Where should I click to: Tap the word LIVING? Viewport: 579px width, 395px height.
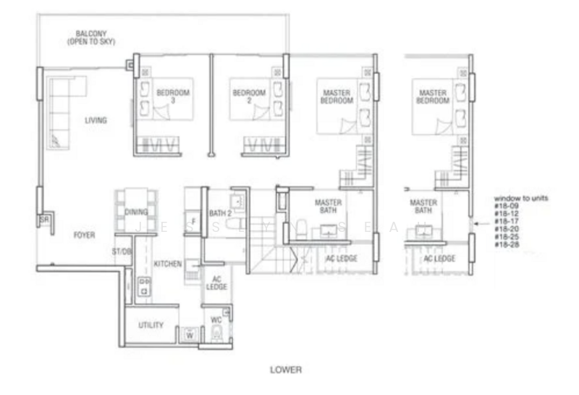[96, 120]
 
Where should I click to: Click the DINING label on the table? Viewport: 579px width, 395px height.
[136, 212]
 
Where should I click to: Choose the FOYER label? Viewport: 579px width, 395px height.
[85, 235]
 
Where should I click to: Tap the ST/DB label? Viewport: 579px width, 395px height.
[121, 251]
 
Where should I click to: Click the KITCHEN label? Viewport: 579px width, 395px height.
[168, 264]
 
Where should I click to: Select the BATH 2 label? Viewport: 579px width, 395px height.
[219, 213]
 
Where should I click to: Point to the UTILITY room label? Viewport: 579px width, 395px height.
[151, 325]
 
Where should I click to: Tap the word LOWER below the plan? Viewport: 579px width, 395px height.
[286, 370]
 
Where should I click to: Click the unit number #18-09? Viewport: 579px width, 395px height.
[506, 206]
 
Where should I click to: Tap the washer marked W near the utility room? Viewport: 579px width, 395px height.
[190, 335]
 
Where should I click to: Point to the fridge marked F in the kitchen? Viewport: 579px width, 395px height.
[193, 222]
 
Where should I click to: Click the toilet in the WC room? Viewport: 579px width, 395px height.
[216, 334]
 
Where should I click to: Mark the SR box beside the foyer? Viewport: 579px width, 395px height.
[43, 220]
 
